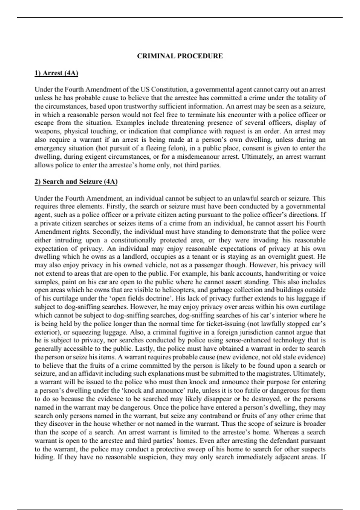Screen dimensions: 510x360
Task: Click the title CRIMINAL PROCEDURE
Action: coord(180,56)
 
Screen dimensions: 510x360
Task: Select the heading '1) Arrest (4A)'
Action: coord(56,73)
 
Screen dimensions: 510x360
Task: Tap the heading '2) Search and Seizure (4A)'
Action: coord(76,181)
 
